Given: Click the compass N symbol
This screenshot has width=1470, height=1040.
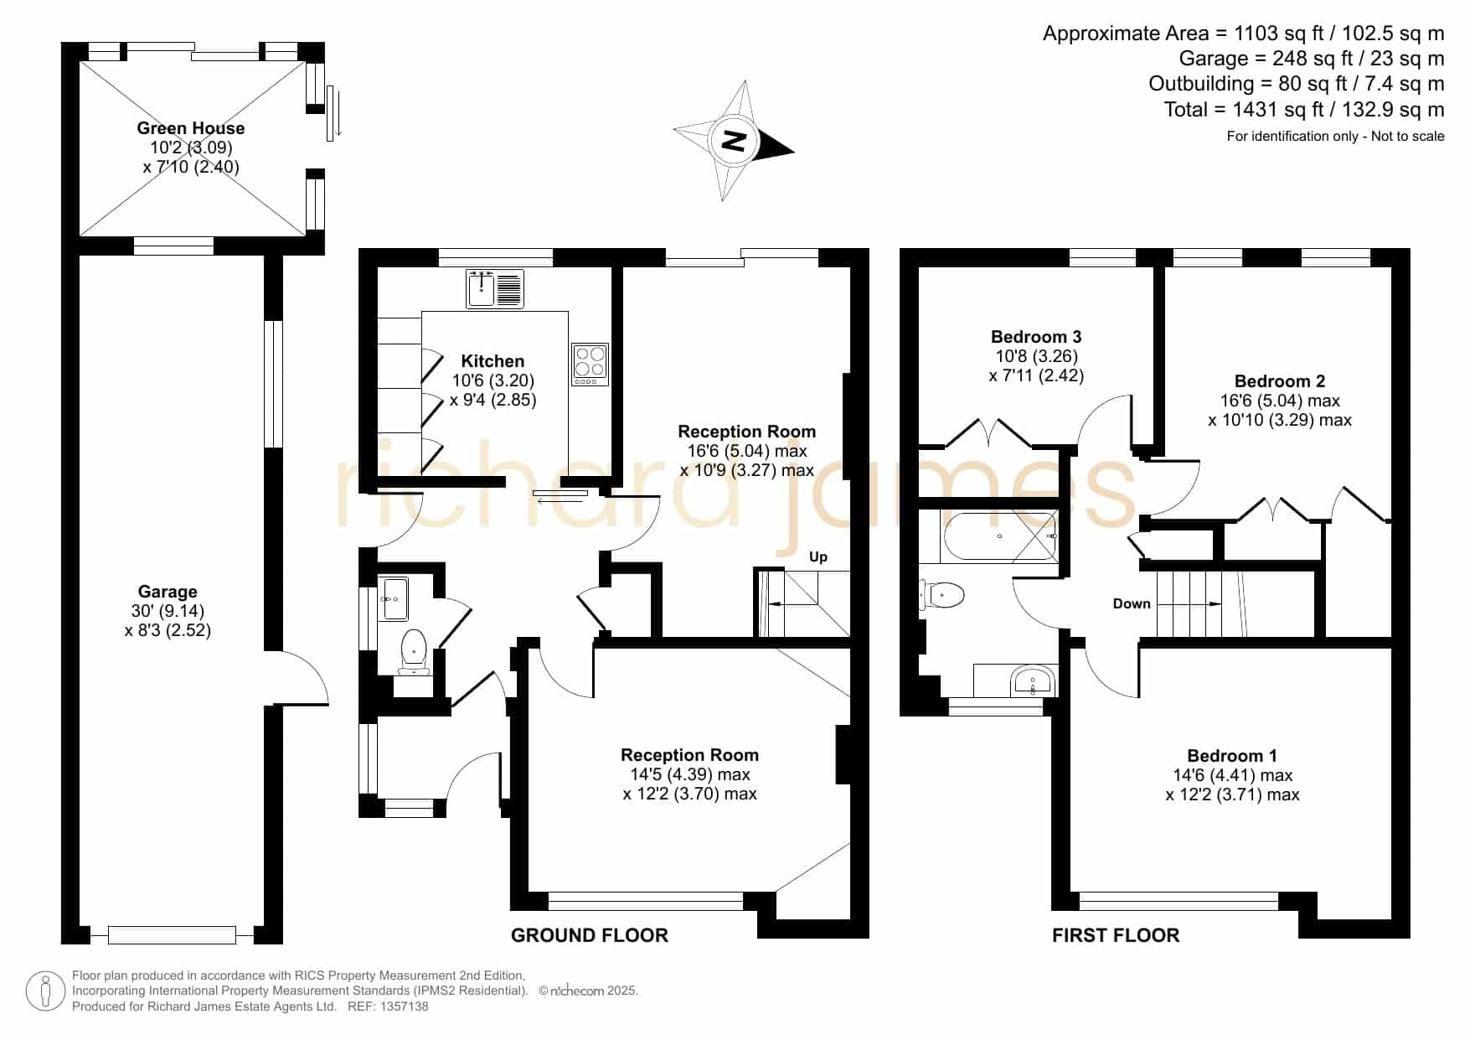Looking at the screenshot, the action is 734,140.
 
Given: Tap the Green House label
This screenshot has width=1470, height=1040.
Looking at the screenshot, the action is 191,128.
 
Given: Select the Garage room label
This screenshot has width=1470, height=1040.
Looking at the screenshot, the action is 168,592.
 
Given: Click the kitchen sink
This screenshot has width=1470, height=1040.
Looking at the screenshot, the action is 495,288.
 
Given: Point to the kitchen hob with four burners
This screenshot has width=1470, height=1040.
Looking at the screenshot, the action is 590,365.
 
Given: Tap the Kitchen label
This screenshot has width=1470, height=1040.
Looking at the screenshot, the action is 493,361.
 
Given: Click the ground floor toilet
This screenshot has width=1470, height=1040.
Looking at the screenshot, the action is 414,652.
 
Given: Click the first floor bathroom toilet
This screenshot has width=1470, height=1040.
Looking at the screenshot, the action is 942,596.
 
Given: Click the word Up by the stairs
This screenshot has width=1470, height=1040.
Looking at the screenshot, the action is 818,557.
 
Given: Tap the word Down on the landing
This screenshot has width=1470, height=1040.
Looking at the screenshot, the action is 1132,603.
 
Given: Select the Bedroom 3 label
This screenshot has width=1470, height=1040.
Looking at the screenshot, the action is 1036,337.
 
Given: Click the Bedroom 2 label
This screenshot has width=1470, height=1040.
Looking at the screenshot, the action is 1280,381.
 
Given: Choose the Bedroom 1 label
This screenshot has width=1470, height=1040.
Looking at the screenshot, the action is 1232,756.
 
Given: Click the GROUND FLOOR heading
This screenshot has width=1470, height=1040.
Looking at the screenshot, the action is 590,935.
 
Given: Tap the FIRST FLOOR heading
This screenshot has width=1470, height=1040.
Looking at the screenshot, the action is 1116,935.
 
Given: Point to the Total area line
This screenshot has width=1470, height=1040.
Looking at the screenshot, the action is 1304,110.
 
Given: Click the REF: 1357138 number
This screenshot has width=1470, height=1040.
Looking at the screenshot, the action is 388,1006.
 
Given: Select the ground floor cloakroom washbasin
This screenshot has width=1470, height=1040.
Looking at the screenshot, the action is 394,598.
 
